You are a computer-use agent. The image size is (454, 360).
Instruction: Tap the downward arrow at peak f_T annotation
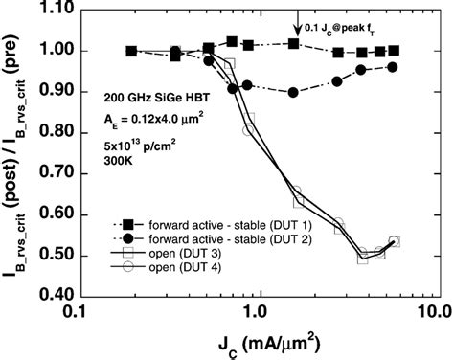pos(298,20)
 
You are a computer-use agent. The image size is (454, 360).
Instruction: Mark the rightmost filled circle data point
pos(393,67)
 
